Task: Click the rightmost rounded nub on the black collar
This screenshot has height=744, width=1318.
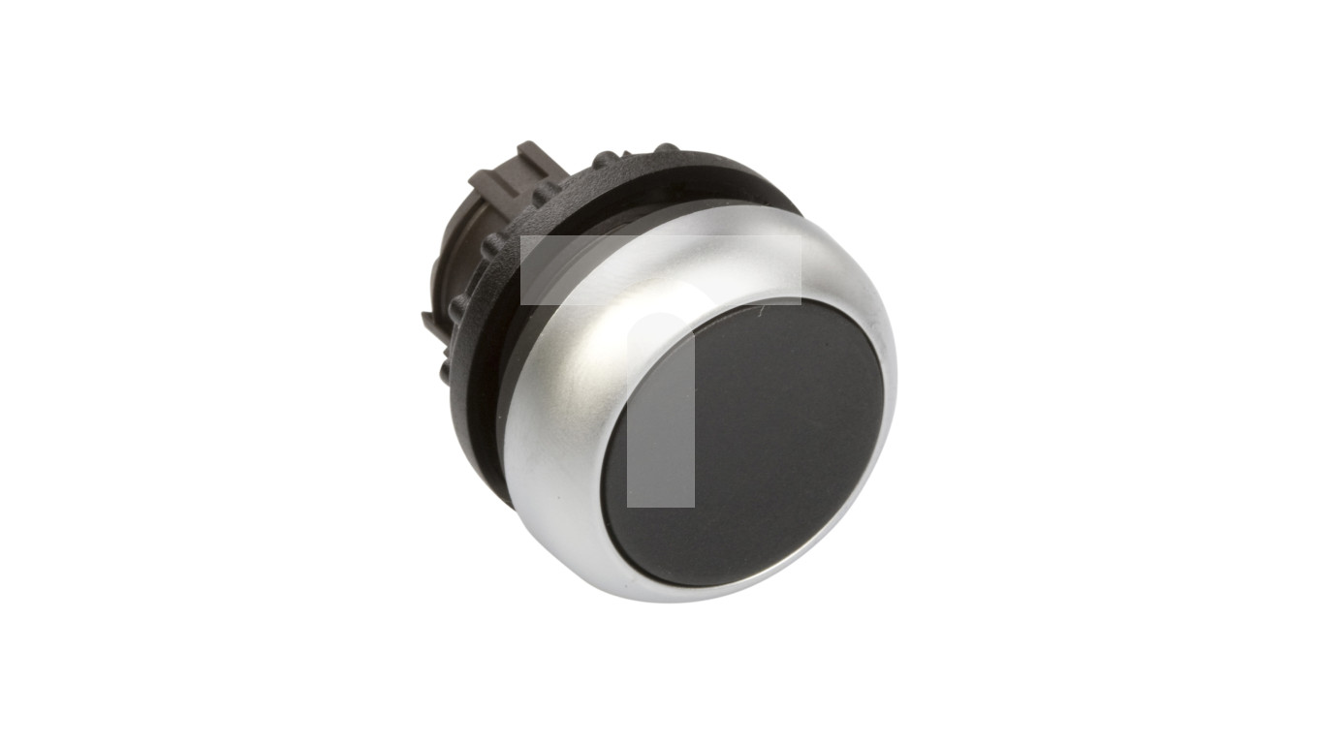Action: (667, 149)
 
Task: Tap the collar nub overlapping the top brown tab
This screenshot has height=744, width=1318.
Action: (549, 192)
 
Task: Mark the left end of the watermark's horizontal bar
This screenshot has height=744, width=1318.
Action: (524, 269)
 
